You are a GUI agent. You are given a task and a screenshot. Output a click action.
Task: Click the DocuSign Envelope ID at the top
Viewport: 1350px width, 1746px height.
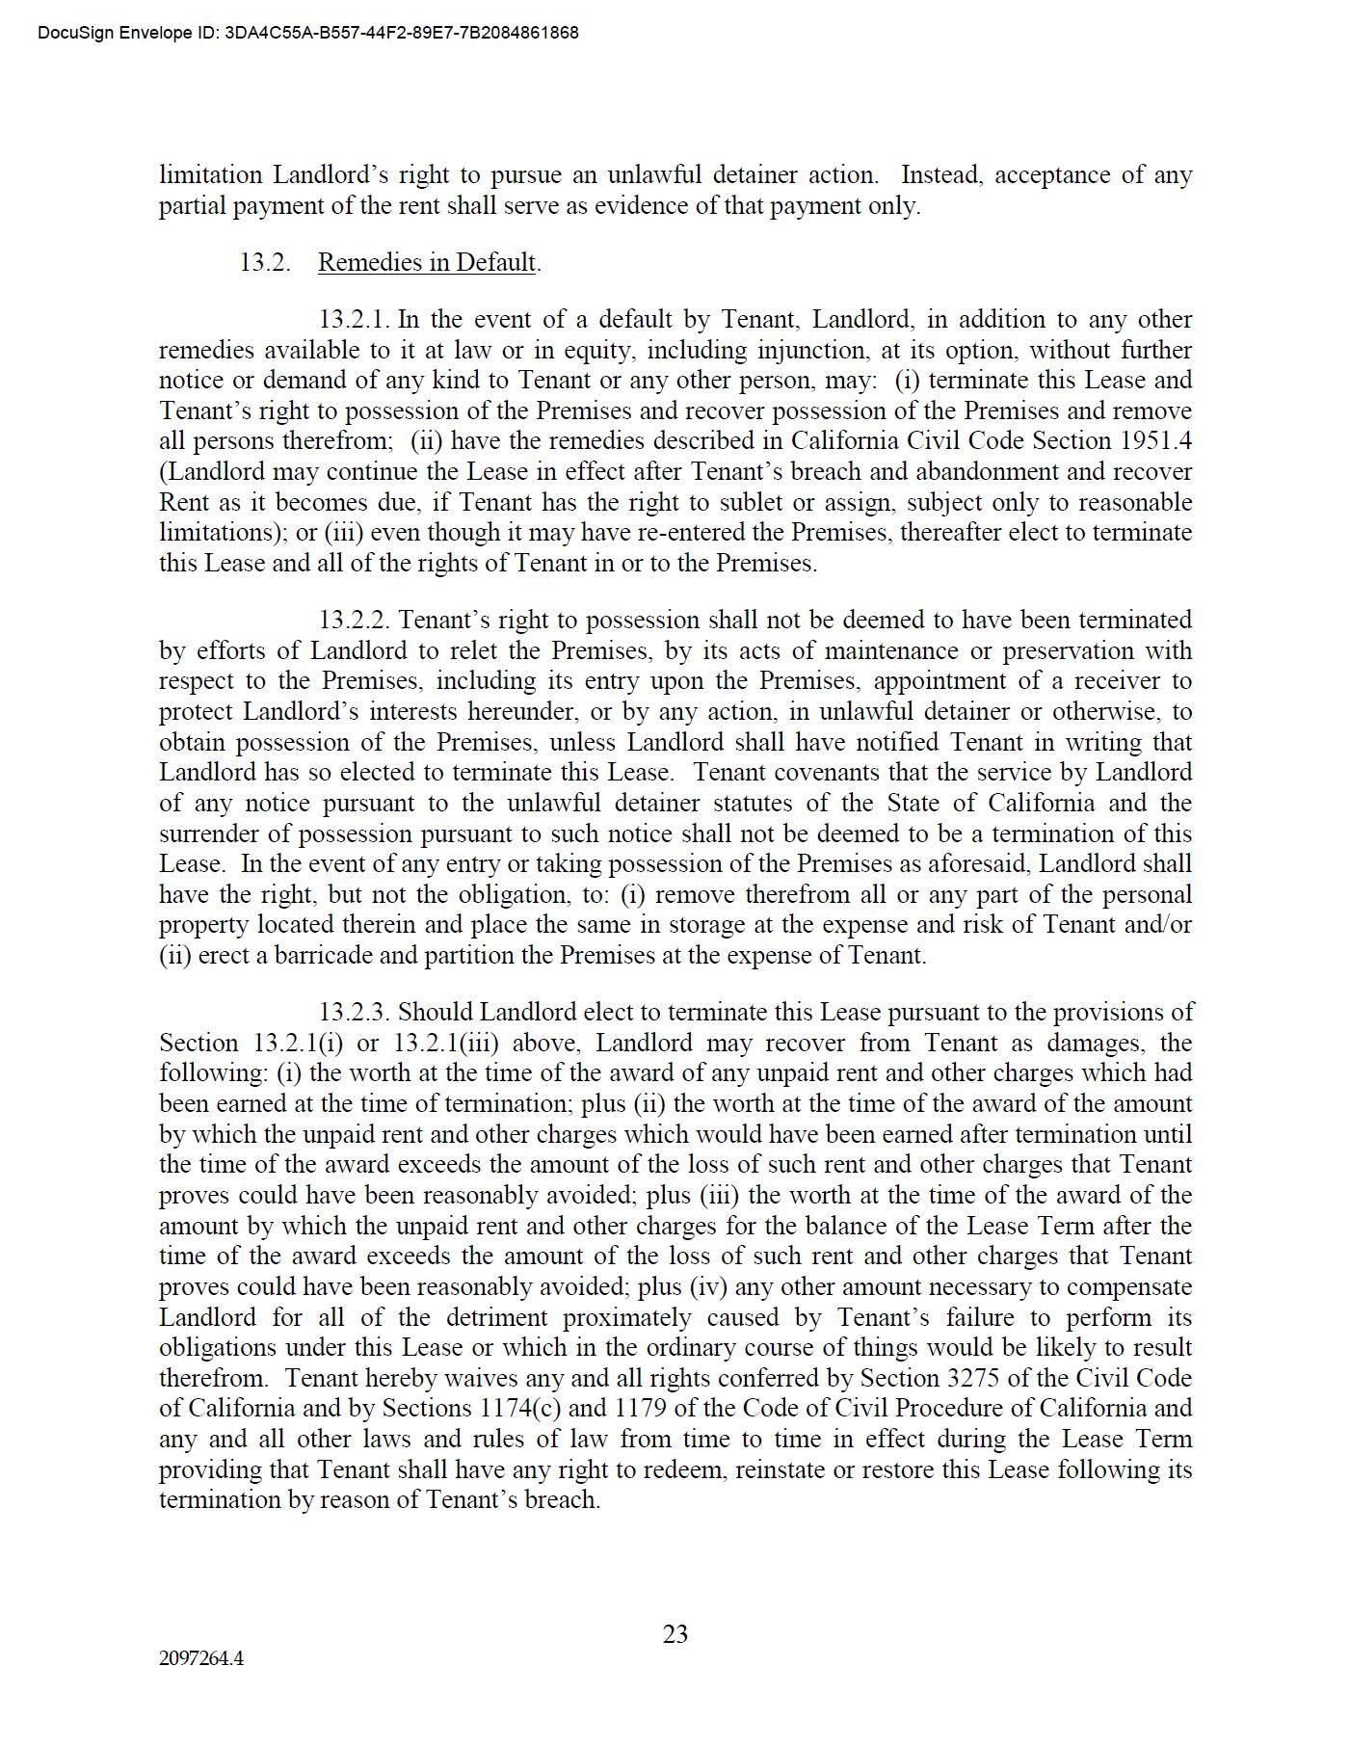tap(308, 33)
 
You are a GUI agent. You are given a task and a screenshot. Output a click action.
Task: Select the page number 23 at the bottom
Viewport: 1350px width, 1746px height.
tap(675, 1634)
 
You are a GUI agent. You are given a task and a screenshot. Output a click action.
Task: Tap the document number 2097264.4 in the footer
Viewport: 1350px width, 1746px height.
tap(201, 1658)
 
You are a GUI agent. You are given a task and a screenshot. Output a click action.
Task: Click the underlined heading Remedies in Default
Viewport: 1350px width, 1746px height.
tap(427, 262)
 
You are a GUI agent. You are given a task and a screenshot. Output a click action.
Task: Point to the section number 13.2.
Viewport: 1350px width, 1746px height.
tap(265, 262)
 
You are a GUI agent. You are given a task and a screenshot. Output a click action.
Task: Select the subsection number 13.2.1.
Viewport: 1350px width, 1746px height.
tap(356, 319)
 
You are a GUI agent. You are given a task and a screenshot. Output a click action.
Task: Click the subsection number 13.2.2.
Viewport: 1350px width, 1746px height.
tap(356, 620)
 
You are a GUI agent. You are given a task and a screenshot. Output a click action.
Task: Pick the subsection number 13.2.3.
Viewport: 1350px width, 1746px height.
tap(356, 1012)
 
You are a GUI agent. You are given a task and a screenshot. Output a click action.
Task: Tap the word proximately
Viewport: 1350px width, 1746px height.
tap(627, 1317)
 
